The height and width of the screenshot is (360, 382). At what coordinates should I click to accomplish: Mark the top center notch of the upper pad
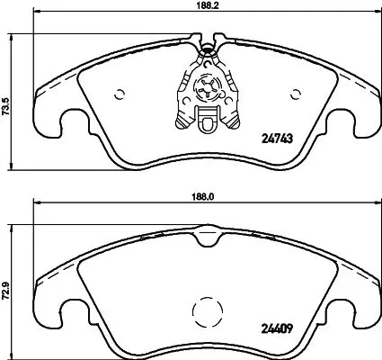tap(206, 41)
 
